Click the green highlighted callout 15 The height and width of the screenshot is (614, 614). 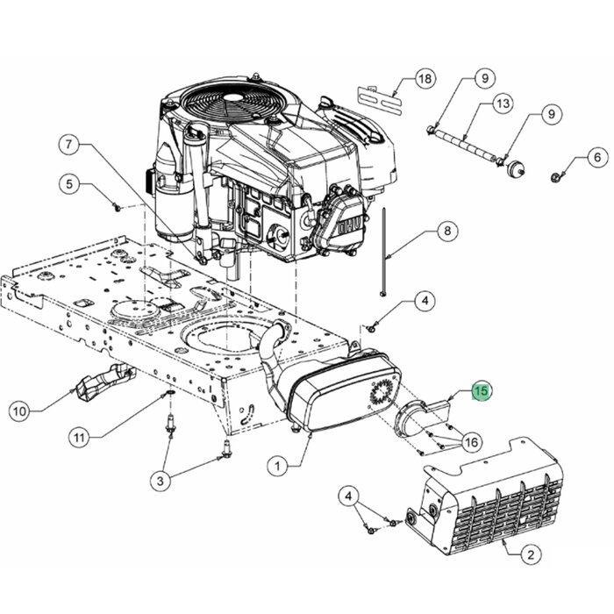pyautogui.click(x=482, y=391)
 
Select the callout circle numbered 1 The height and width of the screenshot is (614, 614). pyautogui.click(x=279, y=467)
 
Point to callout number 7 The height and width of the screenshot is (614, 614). pyautogui.click(x=71, y=142)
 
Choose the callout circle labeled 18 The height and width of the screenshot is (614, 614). pyautogui.click(x=425, y=80)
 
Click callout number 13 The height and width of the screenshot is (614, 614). pyautogui.click(x=503, y=104)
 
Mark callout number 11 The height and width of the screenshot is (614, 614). pyautogui.click(x=81, y=437)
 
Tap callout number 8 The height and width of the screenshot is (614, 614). pyautogui.click(x=446, y=232)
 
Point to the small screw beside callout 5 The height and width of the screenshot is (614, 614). pyautogui.click(x=116, y=207)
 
